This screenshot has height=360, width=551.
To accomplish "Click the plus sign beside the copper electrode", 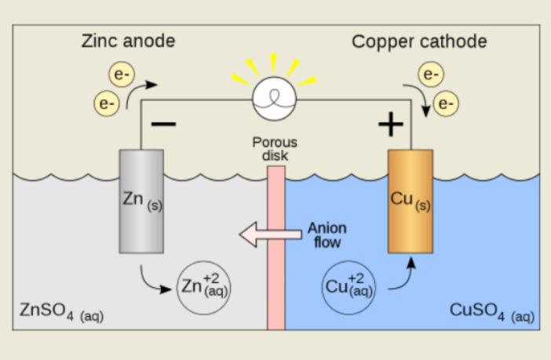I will pos(390,123).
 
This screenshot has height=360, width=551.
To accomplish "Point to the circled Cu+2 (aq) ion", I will pos(348,287).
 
